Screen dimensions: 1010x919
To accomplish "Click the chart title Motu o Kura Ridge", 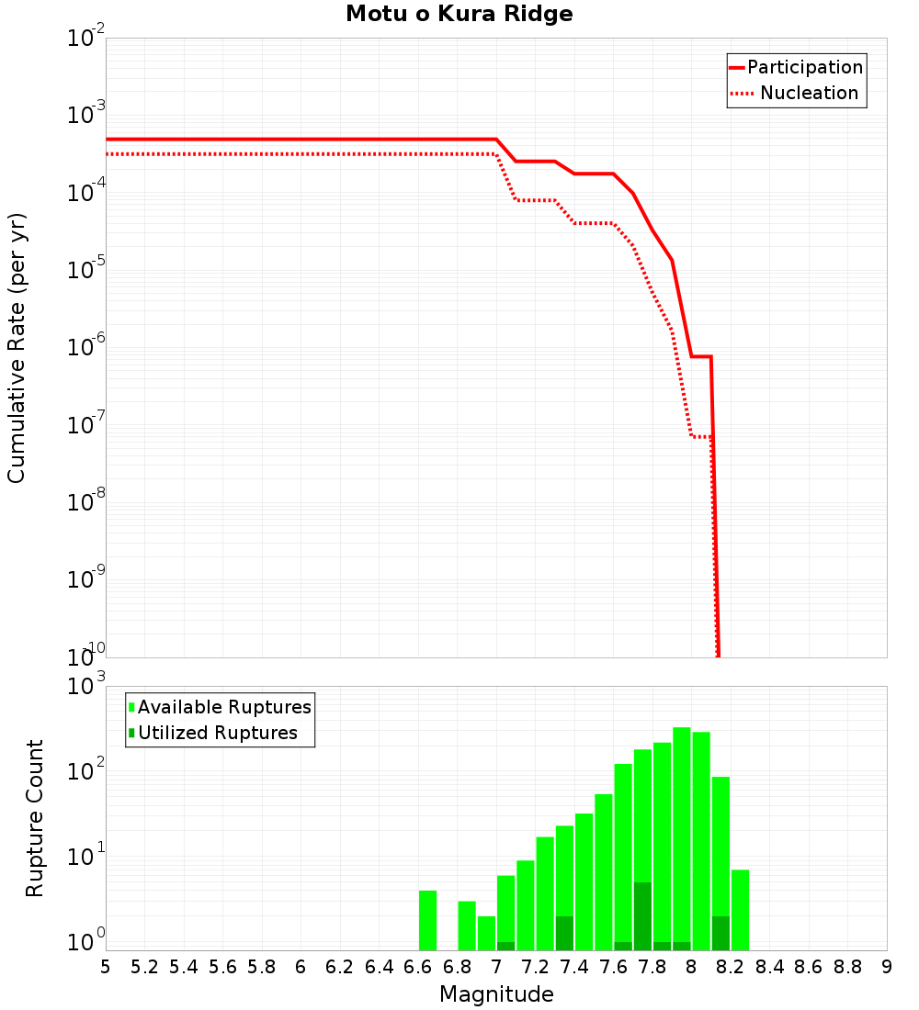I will coord(459,14).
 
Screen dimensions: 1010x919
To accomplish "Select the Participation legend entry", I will coord(804,68).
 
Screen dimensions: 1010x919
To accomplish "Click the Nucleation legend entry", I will coord(808,94).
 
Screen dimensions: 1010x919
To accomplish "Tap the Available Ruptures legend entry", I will coord(223,708).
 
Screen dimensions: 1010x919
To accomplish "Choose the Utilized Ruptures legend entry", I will coord(217,734).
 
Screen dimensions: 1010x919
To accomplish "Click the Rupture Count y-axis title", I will coord(35,818).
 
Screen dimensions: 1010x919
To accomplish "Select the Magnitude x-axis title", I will coord(496,994).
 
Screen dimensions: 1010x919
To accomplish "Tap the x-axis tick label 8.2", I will coord(731,967).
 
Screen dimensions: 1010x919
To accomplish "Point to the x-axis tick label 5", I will coord(106,967).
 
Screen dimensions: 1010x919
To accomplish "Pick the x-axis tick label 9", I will coord(887,967).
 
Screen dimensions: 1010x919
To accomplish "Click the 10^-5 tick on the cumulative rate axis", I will coord(85,269).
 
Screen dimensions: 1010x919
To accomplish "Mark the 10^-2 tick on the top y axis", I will coord(85,39).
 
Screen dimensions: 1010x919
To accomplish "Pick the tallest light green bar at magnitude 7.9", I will coord(681,826).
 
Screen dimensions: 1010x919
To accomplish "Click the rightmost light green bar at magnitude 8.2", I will coord(740,910).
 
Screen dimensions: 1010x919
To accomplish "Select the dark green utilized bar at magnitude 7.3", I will coord(564,933).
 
